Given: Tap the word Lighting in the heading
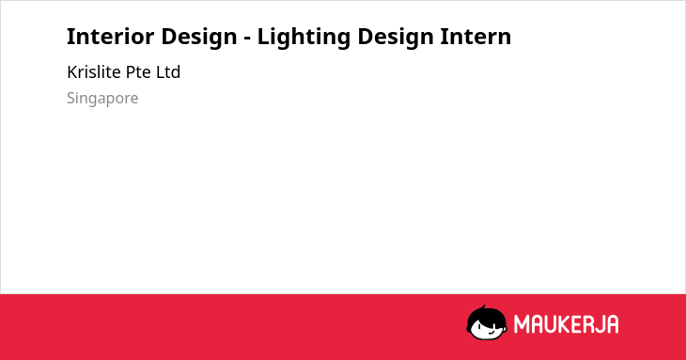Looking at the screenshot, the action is pos(304,38).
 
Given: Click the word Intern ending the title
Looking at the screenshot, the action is pos(476,37).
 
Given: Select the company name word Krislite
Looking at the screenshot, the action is pos(94,71).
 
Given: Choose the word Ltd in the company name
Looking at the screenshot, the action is pos(168,71).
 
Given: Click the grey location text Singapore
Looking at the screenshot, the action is pos(102,99).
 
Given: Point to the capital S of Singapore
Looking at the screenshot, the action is pos(71,98).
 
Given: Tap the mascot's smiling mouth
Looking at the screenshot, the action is pos(491,332).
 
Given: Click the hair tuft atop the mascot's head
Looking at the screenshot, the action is pos(483,307).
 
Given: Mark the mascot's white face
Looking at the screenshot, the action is pos(487,329).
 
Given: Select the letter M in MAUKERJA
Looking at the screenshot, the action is pos(522,324).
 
